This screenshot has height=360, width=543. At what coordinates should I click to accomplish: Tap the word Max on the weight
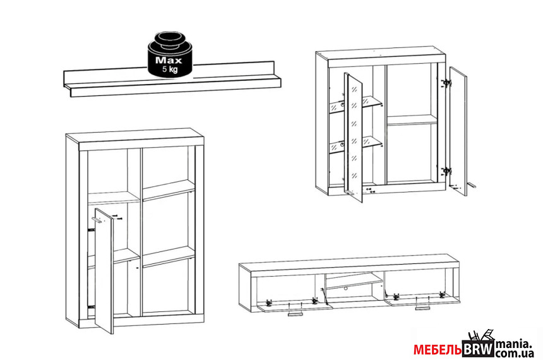[169, 60]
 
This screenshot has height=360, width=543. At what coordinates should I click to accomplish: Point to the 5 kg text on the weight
[170, 69]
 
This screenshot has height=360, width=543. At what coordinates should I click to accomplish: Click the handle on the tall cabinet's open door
[97, 220]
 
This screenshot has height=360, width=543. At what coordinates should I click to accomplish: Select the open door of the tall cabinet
[104, 271]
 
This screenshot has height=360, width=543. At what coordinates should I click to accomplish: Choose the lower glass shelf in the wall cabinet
[355, 144]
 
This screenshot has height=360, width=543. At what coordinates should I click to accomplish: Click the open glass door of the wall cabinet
[353, 137]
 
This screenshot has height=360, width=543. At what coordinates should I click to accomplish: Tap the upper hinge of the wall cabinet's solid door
[447, 83]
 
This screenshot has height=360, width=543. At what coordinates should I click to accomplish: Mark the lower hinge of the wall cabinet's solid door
[447, 171]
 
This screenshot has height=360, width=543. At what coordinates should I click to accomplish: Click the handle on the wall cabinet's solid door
[472, 185]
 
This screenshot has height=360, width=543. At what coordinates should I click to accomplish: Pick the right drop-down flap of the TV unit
[422, 300]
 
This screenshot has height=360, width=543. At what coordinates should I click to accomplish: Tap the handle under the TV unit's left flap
[295, 314]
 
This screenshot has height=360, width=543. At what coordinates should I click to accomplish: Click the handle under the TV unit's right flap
[423, 308]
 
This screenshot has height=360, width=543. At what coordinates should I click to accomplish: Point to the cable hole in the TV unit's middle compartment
[345, 288]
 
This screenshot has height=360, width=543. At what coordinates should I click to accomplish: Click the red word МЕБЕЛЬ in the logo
[438, 350]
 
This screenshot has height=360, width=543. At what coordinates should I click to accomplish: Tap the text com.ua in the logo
[514, 354]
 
